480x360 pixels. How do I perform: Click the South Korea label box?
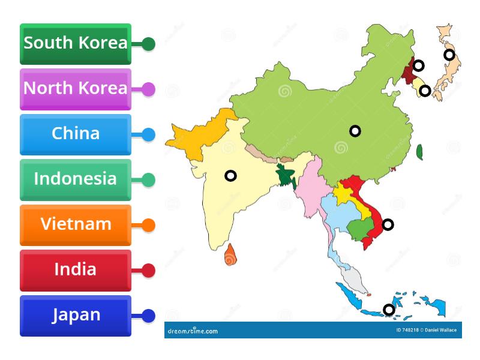point(75,44)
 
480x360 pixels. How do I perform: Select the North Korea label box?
point(75,89)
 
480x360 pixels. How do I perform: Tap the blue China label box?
point(75,134)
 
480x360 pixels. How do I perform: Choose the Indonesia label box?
point(75,179)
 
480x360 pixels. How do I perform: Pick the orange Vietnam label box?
point(75,225)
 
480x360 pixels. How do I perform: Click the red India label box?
point(75,270)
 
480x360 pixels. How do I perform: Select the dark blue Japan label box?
point(75,316)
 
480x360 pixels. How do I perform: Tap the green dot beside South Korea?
point(148,44)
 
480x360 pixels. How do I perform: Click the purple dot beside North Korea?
point(148,89)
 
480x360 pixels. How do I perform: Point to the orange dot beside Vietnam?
point(148,226)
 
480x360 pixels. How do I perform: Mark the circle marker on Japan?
point(449,55)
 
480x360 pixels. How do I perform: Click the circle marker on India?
point(230,176)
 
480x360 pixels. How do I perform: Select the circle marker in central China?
point(355,131)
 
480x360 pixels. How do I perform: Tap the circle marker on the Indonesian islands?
point(389,310)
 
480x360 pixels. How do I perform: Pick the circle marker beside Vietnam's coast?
point(388,225)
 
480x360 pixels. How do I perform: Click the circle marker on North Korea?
point(419,65)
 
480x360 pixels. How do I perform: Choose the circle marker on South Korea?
point(425,91)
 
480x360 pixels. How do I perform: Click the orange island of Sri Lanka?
point(230,256)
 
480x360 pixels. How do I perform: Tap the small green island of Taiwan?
point(420,152)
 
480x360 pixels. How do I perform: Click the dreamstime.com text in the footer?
point(193,331)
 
